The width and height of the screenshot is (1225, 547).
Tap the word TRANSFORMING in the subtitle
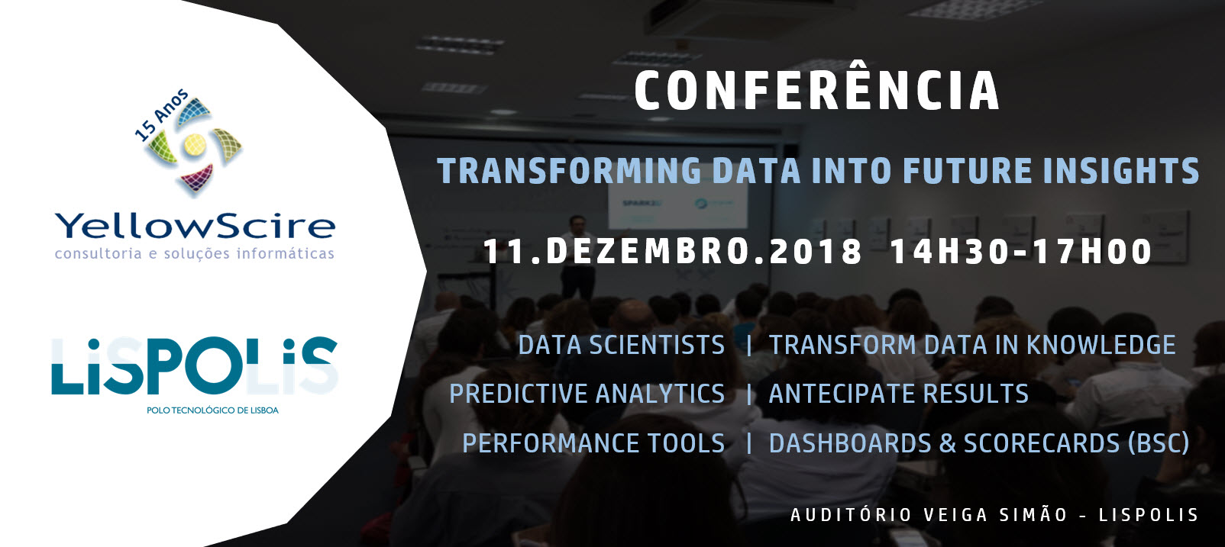[x=569, y=170]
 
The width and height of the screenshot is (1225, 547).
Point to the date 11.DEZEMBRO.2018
[x=673, y=252]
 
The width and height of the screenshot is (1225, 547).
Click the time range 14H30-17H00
[x=1021, y=252]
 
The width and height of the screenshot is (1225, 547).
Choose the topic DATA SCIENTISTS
[x=621, y=346]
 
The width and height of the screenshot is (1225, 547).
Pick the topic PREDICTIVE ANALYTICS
[x=587, y=394]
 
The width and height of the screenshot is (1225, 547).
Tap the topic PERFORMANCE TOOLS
[x=593, y=443]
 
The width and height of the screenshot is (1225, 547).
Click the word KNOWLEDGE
[x=1101, y=346]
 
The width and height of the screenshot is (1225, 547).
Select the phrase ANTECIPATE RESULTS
[x=899, y=394]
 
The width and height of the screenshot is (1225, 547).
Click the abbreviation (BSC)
[x=1159, y=443]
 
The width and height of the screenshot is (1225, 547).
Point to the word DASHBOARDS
[x=850, y=443]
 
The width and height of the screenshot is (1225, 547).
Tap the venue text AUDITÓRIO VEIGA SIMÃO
[x=929, y=515]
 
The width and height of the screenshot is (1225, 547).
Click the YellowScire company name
[x=196, y=227]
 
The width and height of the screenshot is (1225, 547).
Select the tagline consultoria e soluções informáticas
[x=195, y=254]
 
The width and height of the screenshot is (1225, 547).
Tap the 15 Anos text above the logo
[x=161, y=115]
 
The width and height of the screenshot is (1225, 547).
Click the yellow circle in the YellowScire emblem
[x=195, y=145]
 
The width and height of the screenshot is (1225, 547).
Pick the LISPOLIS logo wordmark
[x=195, y=365]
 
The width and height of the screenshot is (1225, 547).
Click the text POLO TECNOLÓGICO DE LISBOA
[x=212, y=410]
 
